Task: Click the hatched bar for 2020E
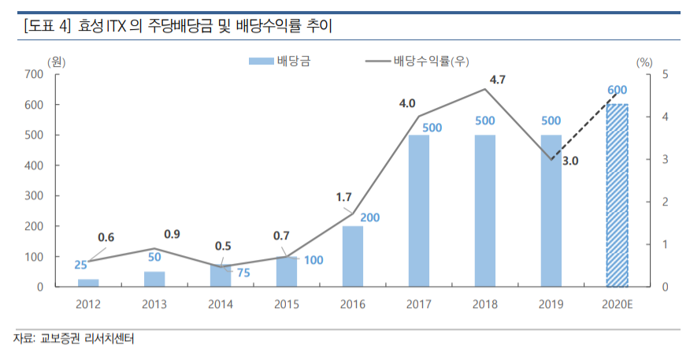(617, 195)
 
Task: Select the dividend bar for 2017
(419, 210)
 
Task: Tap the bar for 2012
(88, 282)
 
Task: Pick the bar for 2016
(352, 256)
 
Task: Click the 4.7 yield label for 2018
(497, 79)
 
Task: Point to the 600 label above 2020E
(617, 91)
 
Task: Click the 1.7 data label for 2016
(343, 198)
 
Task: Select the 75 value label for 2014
(243, 273)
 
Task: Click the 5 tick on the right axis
(665, 74)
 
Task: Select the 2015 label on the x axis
(287, 303)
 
